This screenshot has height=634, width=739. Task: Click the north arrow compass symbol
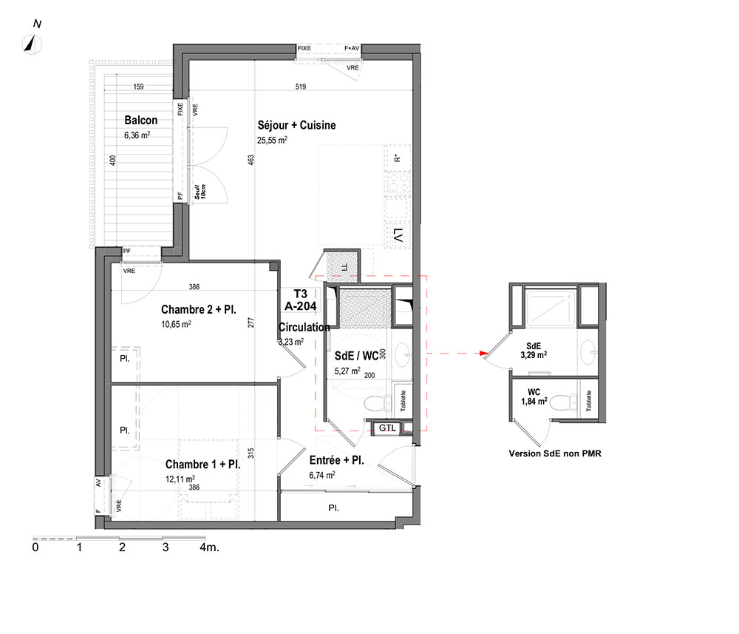click(32, 45)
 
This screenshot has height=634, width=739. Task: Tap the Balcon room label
click(141, 121)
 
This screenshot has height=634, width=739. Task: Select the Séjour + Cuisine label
click(296, 125)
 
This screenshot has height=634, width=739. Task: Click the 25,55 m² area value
click(272, 140)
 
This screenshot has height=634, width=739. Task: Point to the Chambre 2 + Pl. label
click(198, 309)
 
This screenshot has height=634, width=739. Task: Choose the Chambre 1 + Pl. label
click(202, 464)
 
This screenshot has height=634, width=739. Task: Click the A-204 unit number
click(300, 306)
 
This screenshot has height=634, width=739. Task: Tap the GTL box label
click(387, 428)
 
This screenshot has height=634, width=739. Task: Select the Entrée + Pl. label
click(336, 460)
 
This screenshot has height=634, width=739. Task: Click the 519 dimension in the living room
click(301, 87)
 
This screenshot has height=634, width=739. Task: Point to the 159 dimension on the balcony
click(139, 87)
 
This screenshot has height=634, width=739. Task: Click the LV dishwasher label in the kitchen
click(398, 235)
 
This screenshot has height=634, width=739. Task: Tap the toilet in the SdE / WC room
click(378, 403)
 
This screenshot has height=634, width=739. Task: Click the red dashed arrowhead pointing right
click(483, 354)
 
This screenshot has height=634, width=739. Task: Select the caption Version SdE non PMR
click(555, 453)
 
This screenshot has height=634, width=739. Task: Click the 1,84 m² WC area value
click(534, 402)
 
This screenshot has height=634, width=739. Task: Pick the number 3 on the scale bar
click(166, 547)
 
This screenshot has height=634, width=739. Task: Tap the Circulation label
click(304, 327)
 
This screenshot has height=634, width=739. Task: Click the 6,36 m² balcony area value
click(137, 135)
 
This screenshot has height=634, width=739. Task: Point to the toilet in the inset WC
click(563, 402)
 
